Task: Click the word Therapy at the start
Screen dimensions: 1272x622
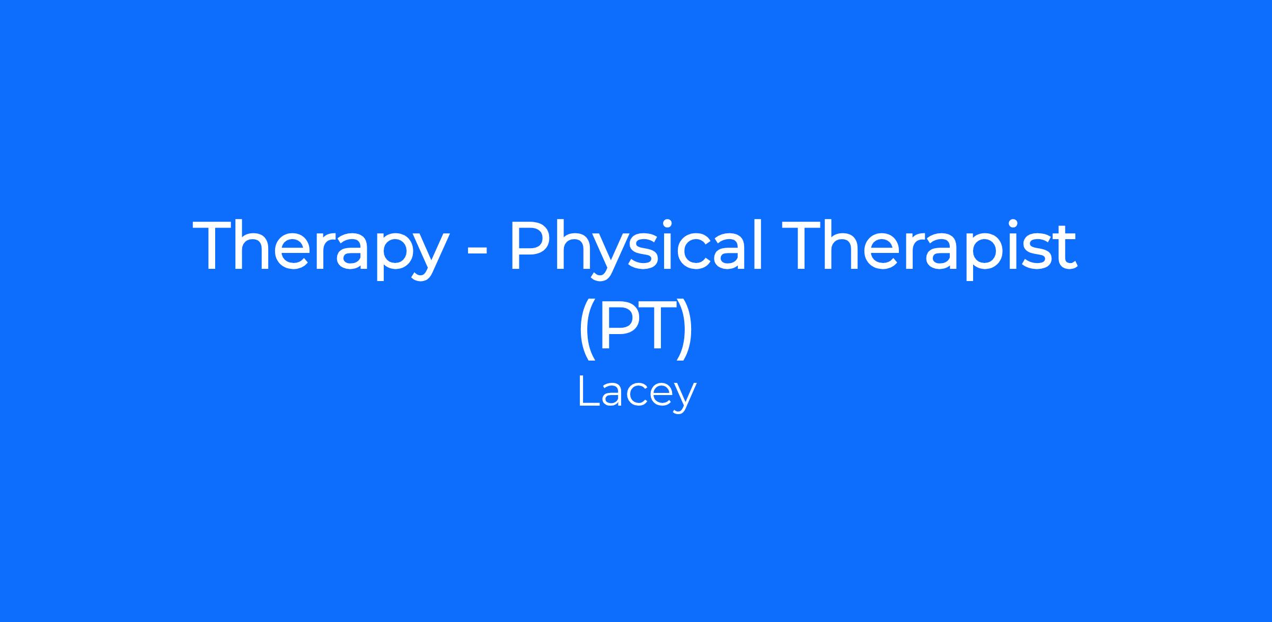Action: coord(319,248)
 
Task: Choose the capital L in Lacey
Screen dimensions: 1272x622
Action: coord(589,391)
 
